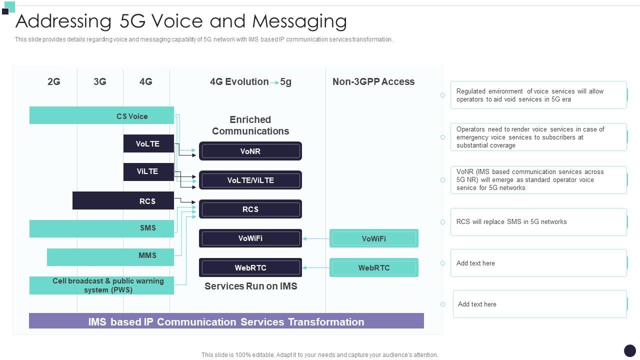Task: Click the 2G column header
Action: click(x=54, y=81)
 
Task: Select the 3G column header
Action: click(x=100, y=81)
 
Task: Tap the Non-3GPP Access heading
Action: click(x=373, y=81)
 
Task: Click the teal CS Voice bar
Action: click(x=101, y=115)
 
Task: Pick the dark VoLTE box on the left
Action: click(x=148, y=143)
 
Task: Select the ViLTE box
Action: click(x=148, y=171)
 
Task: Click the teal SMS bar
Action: click(x=101, y=228)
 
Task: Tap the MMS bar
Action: click(x=110, y=256)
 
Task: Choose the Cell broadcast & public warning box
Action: click(x=101, y=285)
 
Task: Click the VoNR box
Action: click(x=250, y=151)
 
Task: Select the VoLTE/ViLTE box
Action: click(x=250, y=180)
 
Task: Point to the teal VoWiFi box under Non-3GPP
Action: click(x=374, y=238)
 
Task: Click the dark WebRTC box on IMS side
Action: click(x=250, y=267)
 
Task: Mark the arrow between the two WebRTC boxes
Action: click(x=315, y=268)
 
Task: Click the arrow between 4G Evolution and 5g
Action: click(x=274, y=82)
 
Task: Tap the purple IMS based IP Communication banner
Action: click(x=226, y=321)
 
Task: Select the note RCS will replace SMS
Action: click(x=538, y=222)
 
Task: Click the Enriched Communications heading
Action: click(x=250, y=125)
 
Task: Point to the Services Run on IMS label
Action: click(x=251, y=286)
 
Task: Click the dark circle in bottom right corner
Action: click(x=630, y=350)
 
